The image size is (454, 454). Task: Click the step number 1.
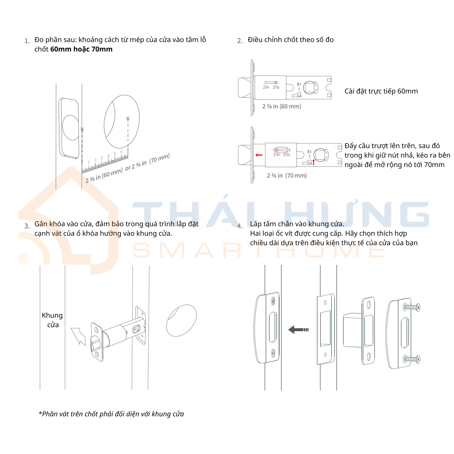(27, 41)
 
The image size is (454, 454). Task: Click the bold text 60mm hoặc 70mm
(81, 49)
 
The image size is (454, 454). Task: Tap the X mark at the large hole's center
(128, 118)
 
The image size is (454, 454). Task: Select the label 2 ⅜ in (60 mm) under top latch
(282, 106)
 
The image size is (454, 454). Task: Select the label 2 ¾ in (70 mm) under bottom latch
(287, 176)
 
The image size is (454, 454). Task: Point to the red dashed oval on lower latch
(282, 150)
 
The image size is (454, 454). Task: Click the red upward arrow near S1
(313, 162)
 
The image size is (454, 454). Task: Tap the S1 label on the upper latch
(299, 84)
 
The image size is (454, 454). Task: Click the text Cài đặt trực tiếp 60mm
(381, 91)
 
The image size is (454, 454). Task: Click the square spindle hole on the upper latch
(309, 88)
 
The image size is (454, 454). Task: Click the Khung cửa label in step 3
(52, 320)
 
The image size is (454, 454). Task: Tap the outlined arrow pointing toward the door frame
(79, 336)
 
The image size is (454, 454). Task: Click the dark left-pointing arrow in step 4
(298, 330)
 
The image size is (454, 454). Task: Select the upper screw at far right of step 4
(412, 307)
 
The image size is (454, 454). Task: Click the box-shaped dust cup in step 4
(353, 329)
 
